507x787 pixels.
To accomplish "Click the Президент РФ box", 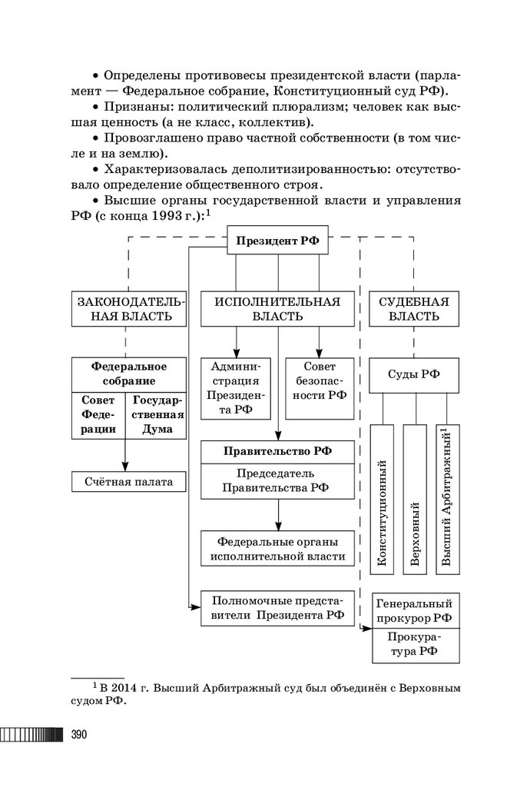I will point(277,241).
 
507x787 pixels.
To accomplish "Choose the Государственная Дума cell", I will point(157,416).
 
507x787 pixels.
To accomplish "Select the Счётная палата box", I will point(129,482).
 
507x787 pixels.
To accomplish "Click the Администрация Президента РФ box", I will point(237,389).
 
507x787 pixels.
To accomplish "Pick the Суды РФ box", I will point(414,375).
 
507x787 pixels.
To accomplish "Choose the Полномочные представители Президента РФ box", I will point(277,607).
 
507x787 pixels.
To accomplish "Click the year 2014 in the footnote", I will point(126,686).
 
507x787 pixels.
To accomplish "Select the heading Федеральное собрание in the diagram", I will point(129,374).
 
